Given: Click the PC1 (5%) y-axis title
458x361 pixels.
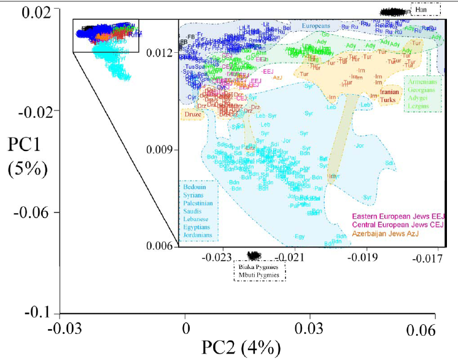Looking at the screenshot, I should pos(28,157).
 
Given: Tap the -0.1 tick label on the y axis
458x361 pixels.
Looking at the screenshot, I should pos(38,313).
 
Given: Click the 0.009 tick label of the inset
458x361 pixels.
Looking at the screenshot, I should pos(161,149).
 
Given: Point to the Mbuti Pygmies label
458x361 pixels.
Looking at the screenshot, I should pos(260,276).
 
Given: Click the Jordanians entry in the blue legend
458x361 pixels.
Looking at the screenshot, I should pos(197,235).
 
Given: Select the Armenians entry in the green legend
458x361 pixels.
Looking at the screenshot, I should pos(422,80).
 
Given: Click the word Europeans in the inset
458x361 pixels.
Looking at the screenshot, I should pos(320,26).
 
